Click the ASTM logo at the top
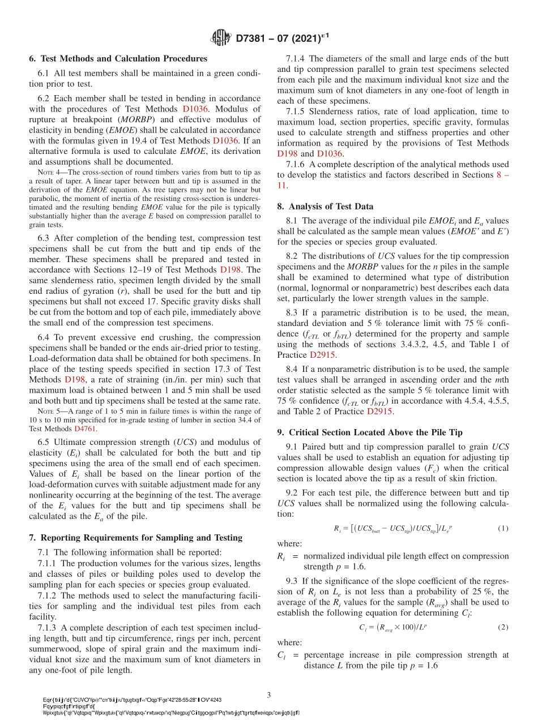click(x=220, y=38)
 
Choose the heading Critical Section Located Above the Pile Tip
click(x=374, y=432)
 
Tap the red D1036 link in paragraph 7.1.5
click(x=328, y=153)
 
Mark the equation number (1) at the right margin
click(x=502, y=528)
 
